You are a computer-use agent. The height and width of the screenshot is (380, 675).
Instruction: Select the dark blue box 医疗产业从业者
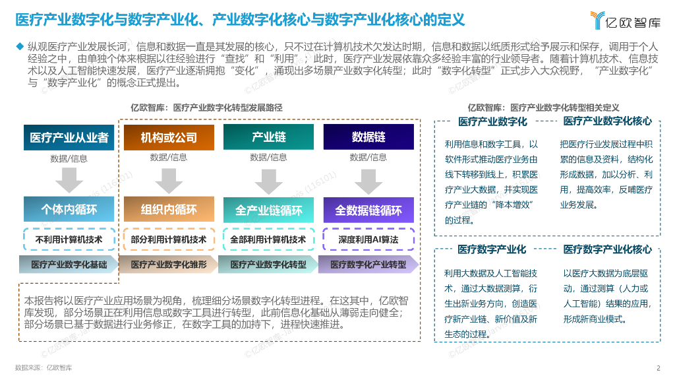(69, 137)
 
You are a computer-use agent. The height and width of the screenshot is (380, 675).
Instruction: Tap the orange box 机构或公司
(169, 137)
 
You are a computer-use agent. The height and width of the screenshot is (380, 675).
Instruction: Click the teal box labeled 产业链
(268, 137)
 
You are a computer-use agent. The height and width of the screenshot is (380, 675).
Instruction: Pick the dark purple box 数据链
(368, 137)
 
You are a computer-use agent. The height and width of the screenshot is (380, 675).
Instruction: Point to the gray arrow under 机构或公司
(169, 180)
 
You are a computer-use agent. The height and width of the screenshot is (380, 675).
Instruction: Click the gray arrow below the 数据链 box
(368, 180)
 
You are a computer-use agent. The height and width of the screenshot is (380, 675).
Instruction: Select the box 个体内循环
(69, 210)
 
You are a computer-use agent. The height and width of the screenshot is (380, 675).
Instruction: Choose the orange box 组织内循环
(169, 210)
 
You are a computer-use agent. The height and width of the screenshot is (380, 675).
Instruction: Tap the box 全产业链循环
(268, 210)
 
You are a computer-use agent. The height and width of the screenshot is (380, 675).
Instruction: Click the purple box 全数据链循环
(368, 210)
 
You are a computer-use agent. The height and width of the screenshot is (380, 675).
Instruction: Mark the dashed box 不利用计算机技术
(69, 239)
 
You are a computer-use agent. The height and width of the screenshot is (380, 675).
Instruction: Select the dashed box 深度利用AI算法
(368, 239)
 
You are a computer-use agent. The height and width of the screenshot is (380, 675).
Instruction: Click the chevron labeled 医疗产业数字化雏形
(169, 265)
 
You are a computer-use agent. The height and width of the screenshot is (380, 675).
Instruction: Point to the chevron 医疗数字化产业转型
(368, 265)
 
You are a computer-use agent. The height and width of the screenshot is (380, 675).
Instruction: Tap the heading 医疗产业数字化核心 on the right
(607, 121)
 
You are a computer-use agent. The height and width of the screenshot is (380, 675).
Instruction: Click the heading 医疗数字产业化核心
(607, 249)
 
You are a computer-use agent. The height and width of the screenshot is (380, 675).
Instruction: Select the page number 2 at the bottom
(658, 368)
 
